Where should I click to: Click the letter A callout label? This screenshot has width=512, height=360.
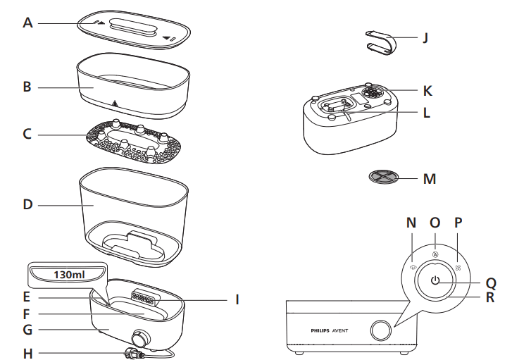tap(27, 23)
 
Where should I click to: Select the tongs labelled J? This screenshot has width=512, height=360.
tap(385, 42)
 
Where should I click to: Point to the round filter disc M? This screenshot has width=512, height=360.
tap(387, 177)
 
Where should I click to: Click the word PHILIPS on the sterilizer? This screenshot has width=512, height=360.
tap(325, 330)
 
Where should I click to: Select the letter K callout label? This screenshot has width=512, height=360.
tap(427, 91)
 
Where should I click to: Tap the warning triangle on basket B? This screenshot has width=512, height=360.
tap(113, 104)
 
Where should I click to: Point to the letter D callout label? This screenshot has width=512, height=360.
tap(27, 205)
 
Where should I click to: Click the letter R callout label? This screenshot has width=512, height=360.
tap(491, 297)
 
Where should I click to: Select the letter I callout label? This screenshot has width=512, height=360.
tap(237, 299)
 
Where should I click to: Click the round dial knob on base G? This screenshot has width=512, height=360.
tap(139, 337)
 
